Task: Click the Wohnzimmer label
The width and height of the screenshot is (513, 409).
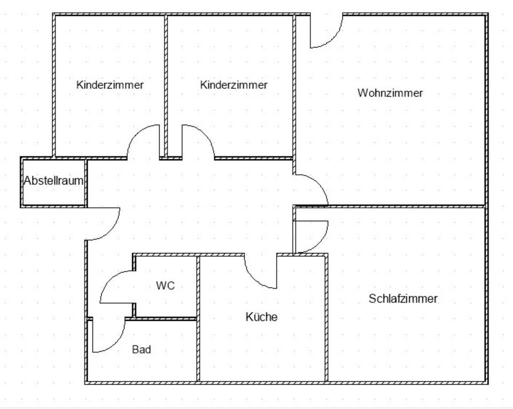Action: [390, 93]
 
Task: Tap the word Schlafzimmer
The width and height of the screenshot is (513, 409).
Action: [403, 299]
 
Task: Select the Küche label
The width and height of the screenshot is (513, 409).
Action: [261, 317]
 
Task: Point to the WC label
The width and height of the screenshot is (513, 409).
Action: [165, 286]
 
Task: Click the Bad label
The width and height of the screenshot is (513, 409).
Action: [141, 350]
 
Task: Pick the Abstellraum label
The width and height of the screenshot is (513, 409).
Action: [53, 181]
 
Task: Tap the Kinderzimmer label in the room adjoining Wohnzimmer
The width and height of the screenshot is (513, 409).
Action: [234, 85]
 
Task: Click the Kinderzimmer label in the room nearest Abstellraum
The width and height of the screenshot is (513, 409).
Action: [110, 85]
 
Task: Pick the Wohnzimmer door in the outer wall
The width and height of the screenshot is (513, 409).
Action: [326, 32]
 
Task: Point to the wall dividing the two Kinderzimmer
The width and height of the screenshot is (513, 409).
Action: [166, 80]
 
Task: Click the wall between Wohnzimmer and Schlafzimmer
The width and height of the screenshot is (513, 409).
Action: [406, 205]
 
